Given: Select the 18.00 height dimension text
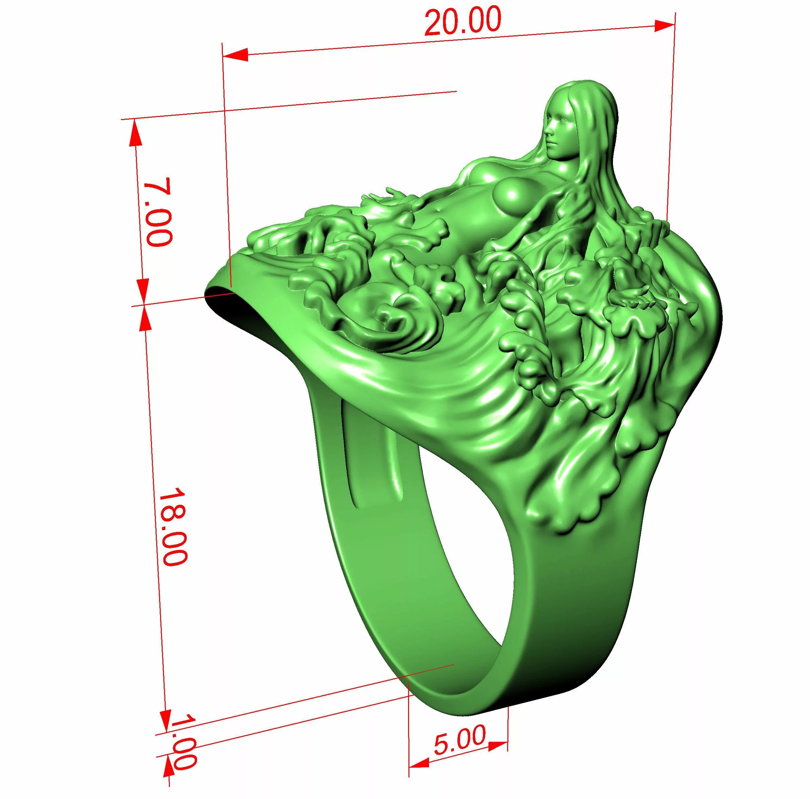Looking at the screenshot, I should pos(172,526).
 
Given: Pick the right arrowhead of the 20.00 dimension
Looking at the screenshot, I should pos(665,25).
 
